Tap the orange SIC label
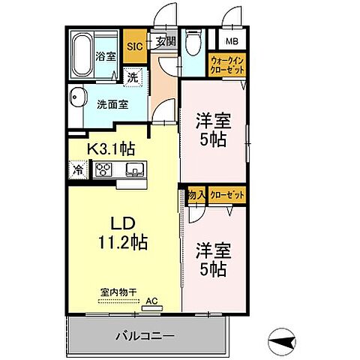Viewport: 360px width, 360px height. pyautogui.click(x=135, y=46)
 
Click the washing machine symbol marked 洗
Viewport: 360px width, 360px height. pyautogui.click(x=133, y=76)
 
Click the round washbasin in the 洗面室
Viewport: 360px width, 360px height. pyautogui.click(x=76, y=97)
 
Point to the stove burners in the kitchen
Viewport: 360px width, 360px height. pyautogui.click(x=103, y=170)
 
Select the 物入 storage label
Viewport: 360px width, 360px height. pyautogui.click(x=196, y=194)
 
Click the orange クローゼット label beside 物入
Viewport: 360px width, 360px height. pyautogui.click(x=227, y=194)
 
